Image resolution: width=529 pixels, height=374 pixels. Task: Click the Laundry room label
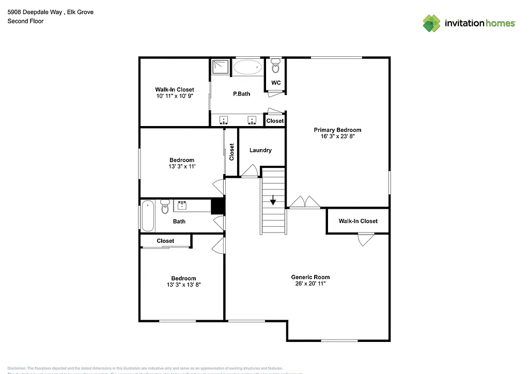[260, 150]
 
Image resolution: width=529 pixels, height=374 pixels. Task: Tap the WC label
[276, 83]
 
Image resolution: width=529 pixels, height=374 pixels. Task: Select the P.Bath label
[241, 94]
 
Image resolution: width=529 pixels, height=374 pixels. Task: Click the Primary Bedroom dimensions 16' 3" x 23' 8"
[338, 137]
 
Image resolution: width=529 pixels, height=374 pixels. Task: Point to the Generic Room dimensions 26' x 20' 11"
[310, 284]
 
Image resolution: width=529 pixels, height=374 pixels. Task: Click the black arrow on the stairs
[273, 201]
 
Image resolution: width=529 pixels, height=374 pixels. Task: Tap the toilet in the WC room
[275, 66]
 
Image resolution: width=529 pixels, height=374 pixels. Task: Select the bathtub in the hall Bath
[147, 215]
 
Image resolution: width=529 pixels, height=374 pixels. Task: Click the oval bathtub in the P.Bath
[247, 67]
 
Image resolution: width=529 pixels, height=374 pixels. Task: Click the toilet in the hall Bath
[165, 207]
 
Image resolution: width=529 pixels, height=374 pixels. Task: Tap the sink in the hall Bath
[182, 206]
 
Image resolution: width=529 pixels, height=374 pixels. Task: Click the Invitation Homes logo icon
[431, 23]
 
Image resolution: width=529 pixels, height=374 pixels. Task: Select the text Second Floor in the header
[25, 21]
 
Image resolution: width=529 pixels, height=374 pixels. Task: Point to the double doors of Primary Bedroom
[305, 202]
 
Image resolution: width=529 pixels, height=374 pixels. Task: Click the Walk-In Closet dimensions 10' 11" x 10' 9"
[175, 96]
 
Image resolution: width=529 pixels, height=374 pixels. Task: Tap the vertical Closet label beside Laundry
[232, 151]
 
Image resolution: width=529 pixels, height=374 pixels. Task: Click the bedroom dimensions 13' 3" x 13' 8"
[183, 284]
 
